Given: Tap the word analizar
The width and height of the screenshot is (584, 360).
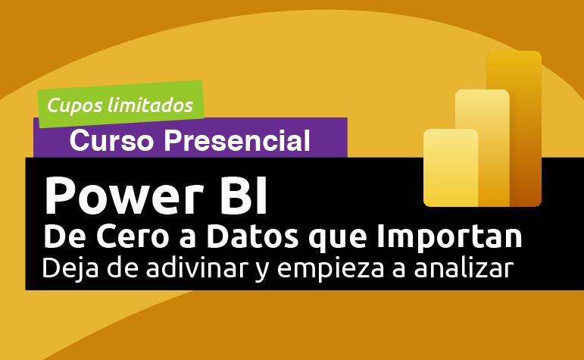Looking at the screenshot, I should tap(464, 270).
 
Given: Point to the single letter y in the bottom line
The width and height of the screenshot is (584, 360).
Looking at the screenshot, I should tap(266, 272).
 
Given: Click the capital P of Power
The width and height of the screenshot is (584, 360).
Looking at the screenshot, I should tap(61, 195).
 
